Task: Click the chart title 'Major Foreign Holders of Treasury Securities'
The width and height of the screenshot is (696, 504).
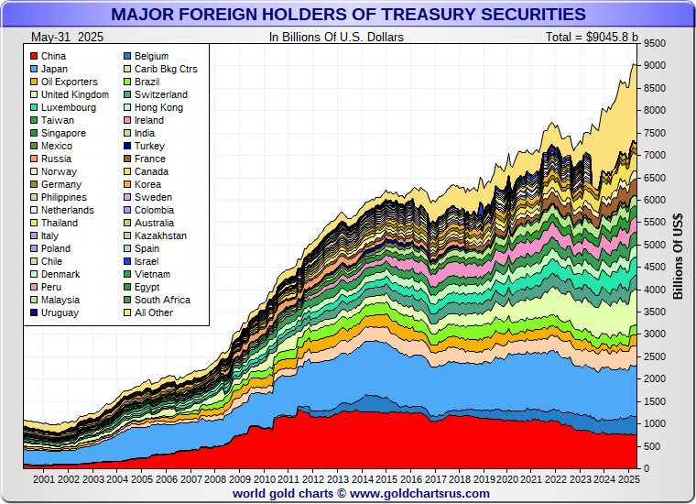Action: (348, 15)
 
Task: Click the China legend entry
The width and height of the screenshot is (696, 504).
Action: (53, 56)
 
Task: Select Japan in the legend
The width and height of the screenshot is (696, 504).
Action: (55, 69)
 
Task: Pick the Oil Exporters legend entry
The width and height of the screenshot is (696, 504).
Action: (69, 82)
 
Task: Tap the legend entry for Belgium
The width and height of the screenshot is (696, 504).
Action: (150, 56)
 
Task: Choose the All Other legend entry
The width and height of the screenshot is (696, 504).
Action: (153, 312)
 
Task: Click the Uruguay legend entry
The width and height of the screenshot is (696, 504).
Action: (60, 312)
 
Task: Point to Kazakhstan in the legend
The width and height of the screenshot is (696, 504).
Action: (159, 236)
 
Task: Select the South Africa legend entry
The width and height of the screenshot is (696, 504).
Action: (162, 300)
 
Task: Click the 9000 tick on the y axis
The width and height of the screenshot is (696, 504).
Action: (654, 66)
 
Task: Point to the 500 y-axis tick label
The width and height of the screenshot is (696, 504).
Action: (651, 447)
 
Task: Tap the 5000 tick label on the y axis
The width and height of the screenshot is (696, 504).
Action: (654, 246)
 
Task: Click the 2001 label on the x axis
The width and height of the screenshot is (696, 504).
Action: (44, 479)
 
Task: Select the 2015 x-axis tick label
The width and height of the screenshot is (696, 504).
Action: (386, 479)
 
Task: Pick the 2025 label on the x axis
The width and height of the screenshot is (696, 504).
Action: (628, 479)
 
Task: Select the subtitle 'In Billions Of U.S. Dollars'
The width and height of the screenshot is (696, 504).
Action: (336, 38)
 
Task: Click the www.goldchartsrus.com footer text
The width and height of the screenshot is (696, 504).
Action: (419, 493)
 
